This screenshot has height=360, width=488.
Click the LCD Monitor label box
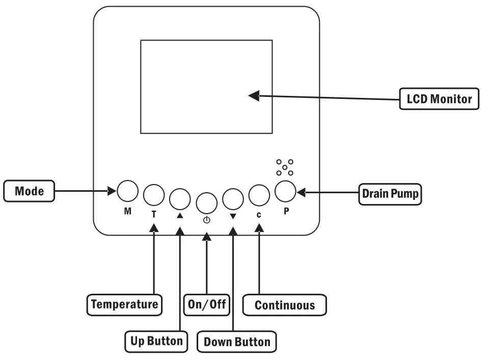tap(438, 99)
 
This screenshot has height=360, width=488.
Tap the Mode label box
tap(29, 192)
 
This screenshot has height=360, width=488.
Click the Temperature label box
tap(125, 304)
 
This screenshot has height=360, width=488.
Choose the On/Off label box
tap(206, 304)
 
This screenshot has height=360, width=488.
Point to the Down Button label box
tap(237, 342)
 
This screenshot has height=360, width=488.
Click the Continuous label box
tap(284, 305)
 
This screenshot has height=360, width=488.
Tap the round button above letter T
tap(154, 194)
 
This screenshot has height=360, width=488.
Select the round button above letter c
tap(259, 194)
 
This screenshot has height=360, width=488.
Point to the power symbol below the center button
tap(206, 221)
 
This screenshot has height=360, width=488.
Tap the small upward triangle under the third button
tap(179, 216)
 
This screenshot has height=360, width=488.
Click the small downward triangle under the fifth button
tap(233, 216)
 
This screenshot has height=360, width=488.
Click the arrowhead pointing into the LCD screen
tap(254, 95)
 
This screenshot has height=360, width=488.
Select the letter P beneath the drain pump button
tap(285, 211)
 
